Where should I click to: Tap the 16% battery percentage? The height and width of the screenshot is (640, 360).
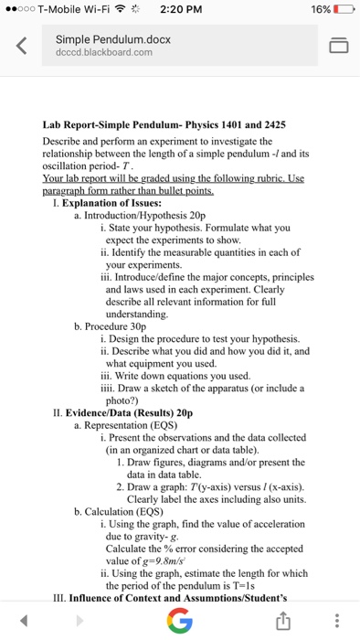point(317,11)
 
